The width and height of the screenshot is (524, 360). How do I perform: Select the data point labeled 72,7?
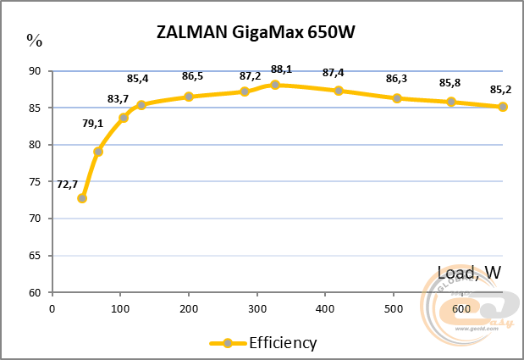(82, 198)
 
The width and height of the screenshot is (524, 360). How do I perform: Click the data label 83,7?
(118, 99)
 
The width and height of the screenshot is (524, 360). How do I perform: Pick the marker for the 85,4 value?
(141, 105)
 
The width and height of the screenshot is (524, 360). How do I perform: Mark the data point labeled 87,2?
(245, 91)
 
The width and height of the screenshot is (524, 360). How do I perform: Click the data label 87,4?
(333, 73)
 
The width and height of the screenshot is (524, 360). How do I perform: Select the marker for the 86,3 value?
(397, 98)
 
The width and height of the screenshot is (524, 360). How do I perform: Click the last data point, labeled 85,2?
(503, 107)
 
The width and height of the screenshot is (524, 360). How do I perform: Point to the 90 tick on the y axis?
(35, 71)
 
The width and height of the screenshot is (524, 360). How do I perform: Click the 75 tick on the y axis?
(35, 181)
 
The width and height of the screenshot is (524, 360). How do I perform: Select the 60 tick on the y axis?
(35, 292)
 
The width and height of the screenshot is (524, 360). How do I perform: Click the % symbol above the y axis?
(34, 39)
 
